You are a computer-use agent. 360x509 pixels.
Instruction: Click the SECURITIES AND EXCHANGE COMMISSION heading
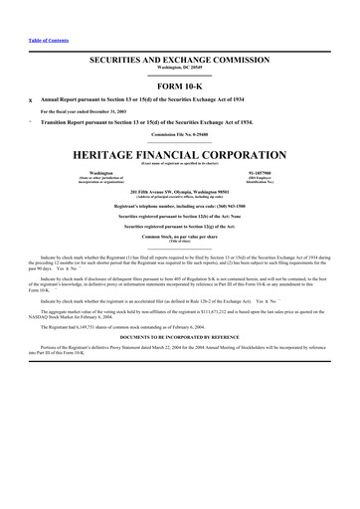click(x=180, y=61)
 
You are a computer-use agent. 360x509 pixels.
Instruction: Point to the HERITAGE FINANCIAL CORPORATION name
click(x=180, y=157)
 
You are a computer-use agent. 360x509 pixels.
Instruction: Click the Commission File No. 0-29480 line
click(x=180, y=134)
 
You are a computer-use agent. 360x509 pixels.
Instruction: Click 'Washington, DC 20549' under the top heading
click(x=180, y=69)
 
